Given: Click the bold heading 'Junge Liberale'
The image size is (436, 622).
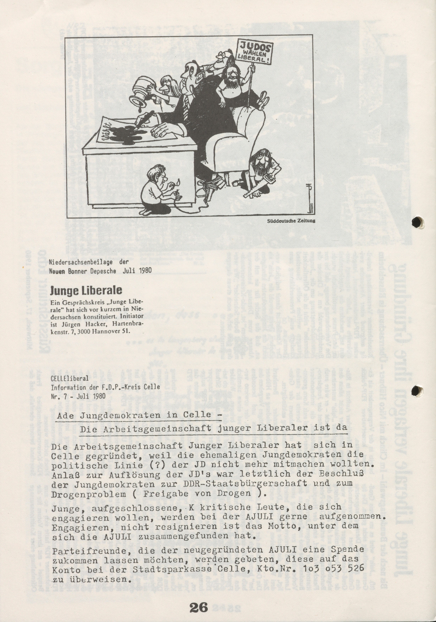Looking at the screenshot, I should (x=86, y=290).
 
